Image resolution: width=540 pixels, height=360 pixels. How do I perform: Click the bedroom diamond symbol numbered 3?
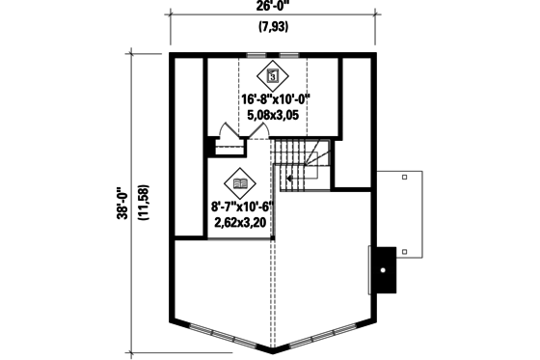pos(273,75)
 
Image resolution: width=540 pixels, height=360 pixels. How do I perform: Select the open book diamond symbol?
pos(239,181)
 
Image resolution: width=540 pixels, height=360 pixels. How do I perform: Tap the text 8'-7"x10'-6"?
pos(239,206)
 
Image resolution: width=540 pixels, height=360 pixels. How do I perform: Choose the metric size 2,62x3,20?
pos(239,221)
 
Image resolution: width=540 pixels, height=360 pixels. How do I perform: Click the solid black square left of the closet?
pos(210,147)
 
